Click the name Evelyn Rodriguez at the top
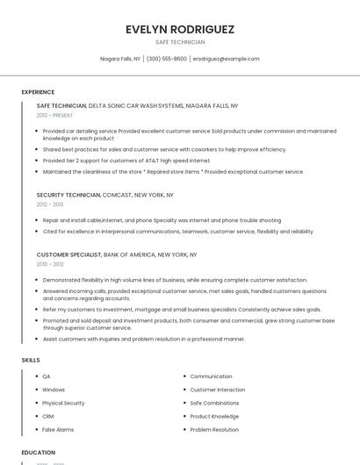[x=180, y=29]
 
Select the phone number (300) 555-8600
[x=166, y=59]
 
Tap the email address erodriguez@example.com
[x=226, y=59]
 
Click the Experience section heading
[x=38, y=92]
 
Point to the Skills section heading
[x=31, y=360]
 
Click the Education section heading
[x=38, y=453]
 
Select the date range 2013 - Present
[x=54, y=115]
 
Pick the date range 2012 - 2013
[x=49, y=204]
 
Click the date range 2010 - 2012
[x=49, y=264]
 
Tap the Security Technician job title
[x=68, y=195]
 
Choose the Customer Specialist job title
[x=69, y=254]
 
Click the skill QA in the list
[x=47, y=376]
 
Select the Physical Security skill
[x=63, y=403]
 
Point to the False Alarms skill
[x=58, y=430]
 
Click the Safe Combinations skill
[x=214, y=403]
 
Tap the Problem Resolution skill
[x=214, y=430]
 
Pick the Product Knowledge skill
[x=214, y=416]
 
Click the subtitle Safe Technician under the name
[x=180, y=42]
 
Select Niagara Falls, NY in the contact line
[x=120, y=59]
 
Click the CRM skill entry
[x=48, y=416]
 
